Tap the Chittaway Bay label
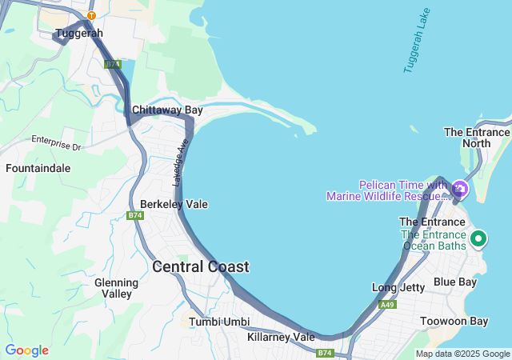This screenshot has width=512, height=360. tap(167, 110)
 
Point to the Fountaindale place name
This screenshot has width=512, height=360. tap(38, 169)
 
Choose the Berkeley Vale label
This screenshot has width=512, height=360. tap(174, 204)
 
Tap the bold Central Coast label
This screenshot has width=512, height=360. tap(200, 267)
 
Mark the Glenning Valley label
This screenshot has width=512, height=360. tap(113, 288)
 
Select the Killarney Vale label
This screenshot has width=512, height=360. tap(281, 337)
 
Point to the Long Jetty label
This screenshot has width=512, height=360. tap(398, 287)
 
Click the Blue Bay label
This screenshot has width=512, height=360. tap(455, 282)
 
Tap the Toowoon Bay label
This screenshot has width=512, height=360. tap(454, 322)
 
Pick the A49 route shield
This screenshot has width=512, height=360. tap(387, 305)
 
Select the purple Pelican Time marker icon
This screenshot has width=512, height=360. tap(459, 190)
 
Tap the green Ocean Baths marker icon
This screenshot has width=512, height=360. tap(478, 238)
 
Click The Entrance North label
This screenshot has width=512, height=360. tap(477, 138)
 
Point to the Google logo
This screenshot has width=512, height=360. tap(26, 350)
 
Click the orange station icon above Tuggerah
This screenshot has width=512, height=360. tap(91, 15)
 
